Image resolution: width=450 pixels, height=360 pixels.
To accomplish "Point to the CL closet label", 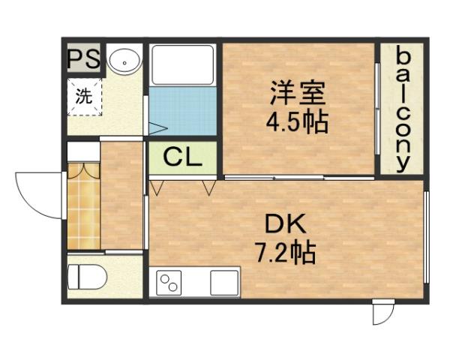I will (182, 157).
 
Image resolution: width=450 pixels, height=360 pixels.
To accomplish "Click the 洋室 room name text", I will (298, 96).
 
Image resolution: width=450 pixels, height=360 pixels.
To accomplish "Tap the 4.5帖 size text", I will (298, 121).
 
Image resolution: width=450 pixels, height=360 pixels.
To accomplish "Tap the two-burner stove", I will (169, 283).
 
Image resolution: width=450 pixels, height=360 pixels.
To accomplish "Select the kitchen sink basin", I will (224, 283).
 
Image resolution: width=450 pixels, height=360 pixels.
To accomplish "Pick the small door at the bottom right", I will (383, 312).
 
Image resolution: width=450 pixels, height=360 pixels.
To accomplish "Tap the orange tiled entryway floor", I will (82, 214).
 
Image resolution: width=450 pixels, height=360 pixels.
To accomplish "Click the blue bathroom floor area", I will (183, 110).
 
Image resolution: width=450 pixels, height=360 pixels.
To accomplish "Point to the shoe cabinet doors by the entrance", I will (82, 169).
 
